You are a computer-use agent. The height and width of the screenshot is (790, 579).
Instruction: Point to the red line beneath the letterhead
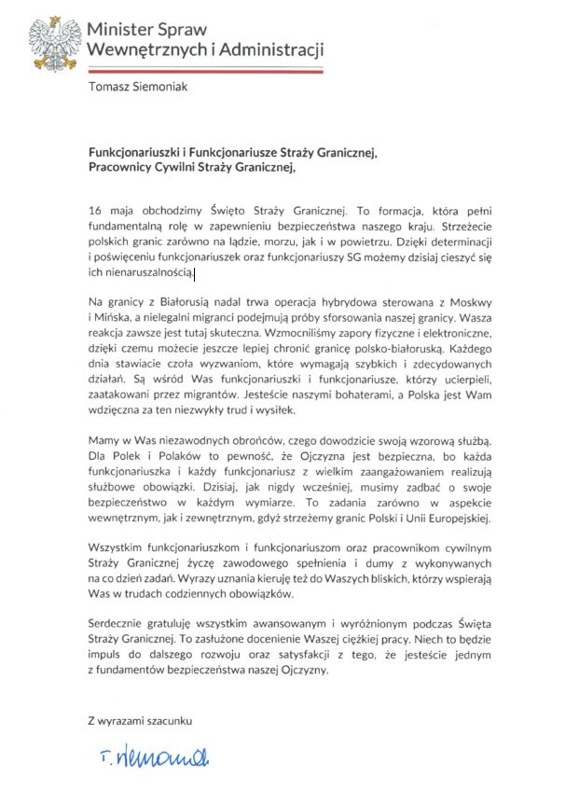(x=205, y=69)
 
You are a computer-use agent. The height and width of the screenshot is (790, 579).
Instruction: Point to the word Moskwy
(x=469, y=303)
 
